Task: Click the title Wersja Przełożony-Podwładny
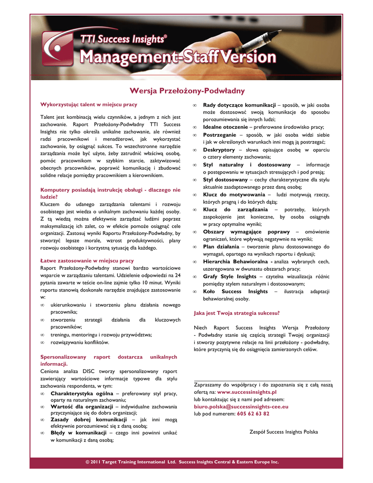[187, 91]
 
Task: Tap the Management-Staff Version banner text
[178, 58]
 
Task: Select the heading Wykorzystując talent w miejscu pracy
[89, 104]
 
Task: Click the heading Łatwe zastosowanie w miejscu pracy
[87, 260]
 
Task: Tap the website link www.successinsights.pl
[247, 391]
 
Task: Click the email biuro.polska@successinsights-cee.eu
[241, 406]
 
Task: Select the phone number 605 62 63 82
[253, 414]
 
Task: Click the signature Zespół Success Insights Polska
[283, 432]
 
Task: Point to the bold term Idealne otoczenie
[225, 127]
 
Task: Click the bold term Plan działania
[221, 247]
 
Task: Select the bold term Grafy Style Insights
[230, 276]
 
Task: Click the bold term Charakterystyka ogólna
[82, 393]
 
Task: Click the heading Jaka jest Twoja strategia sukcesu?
[237, 313]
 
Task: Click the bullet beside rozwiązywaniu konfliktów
[43, 342]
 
